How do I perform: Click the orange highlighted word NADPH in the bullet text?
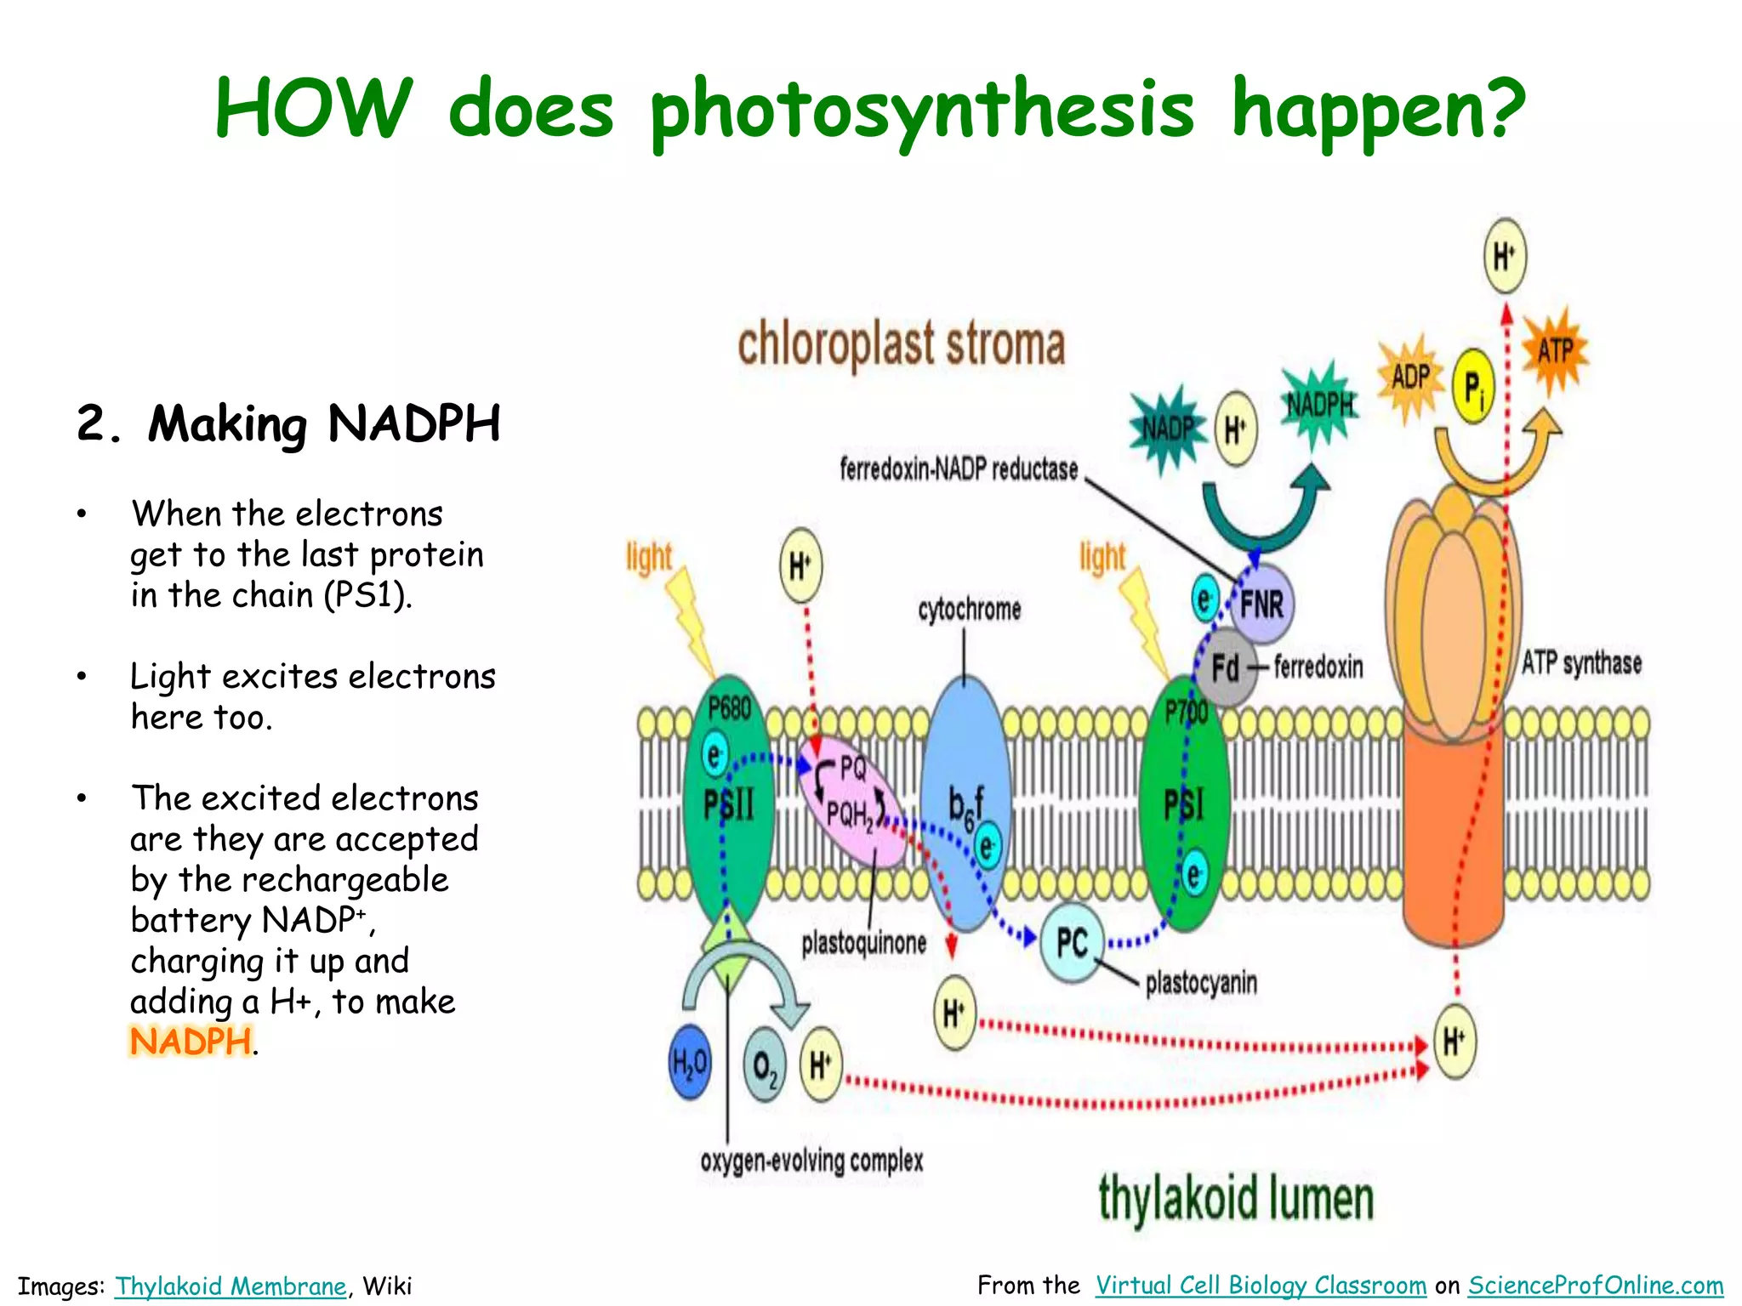191,1042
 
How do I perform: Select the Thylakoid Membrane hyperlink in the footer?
231,1286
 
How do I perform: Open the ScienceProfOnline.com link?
1596,1285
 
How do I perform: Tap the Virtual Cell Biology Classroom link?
1261,1285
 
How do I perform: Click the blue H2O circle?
690,1062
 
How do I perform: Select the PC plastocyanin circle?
1072,942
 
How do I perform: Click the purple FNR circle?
1261,605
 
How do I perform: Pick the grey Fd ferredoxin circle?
1226,667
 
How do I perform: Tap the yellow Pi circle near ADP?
1473,387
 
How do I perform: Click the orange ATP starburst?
1555,350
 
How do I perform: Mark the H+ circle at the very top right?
1505,256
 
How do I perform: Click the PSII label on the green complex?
729,803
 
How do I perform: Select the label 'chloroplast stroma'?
901,344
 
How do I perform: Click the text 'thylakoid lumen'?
1236,1199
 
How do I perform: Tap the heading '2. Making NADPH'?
288,423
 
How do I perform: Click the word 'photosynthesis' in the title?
922,110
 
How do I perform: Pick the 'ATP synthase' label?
1581,662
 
